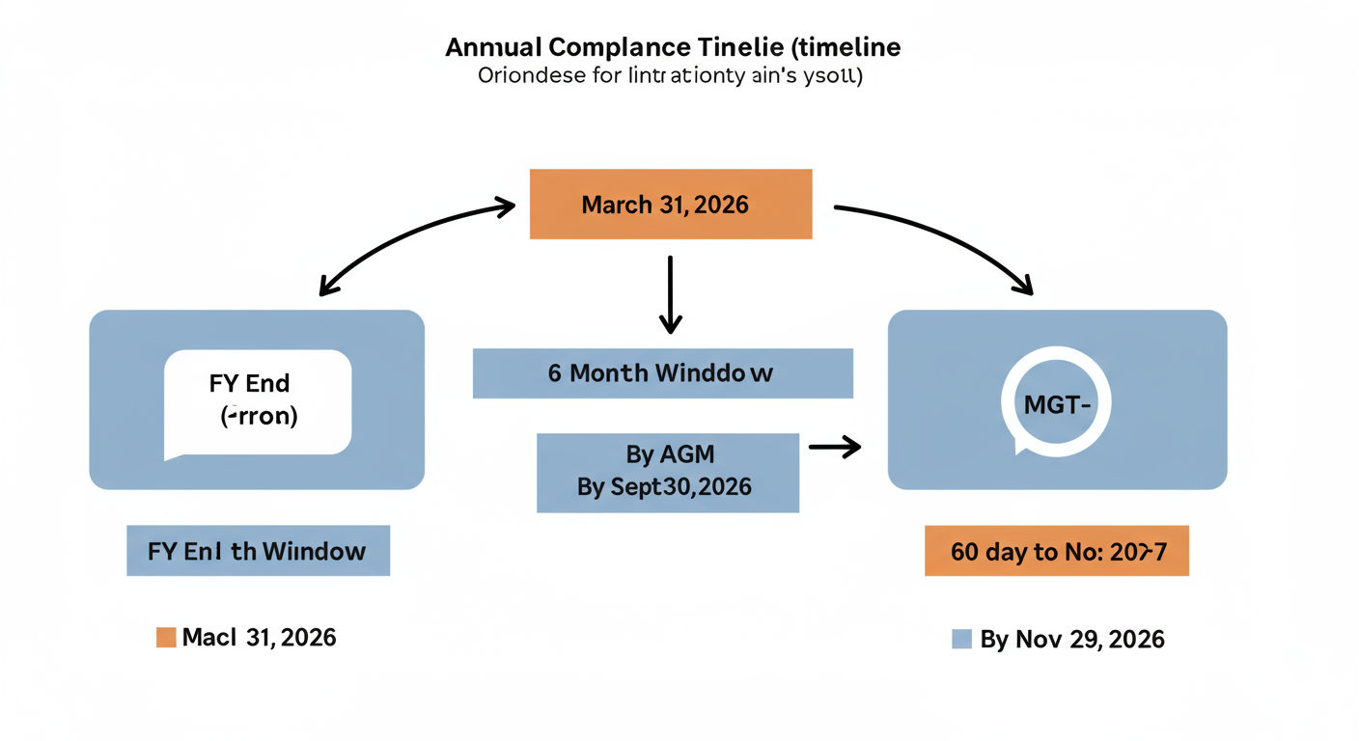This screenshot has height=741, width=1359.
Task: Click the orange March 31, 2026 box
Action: pos(671,205)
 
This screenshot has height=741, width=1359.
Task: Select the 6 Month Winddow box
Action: pos(662,373)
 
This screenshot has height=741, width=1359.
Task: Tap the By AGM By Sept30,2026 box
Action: pos(667,472)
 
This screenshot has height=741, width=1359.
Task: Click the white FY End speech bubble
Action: pos(258,401)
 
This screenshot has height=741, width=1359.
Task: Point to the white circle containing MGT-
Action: pos(1056,403)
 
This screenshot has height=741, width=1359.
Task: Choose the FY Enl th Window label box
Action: pos(258,551)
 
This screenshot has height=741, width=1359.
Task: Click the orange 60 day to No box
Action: pos(1056,551)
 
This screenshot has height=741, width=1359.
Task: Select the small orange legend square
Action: pos(166,637)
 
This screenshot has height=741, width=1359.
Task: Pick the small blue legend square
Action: pos(960,639)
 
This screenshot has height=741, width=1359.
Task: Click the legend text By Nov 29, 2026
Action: pos(1071,639)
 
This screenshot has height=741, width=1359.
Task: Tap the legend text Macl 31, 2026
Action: pos(259,637)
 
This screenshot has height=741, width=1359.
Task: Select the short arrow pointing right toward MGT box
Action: pos(834,446)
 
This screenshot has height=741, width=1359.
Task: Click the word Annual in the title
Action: pos(492,47)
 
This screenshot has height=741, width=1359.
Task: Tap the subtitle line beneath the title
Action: pos(670,76)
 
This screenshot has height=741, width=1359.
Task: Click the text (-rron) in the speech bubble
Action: pos(259,418)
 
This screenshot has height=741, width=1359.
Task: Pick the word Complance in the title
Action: pos(618,47)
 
